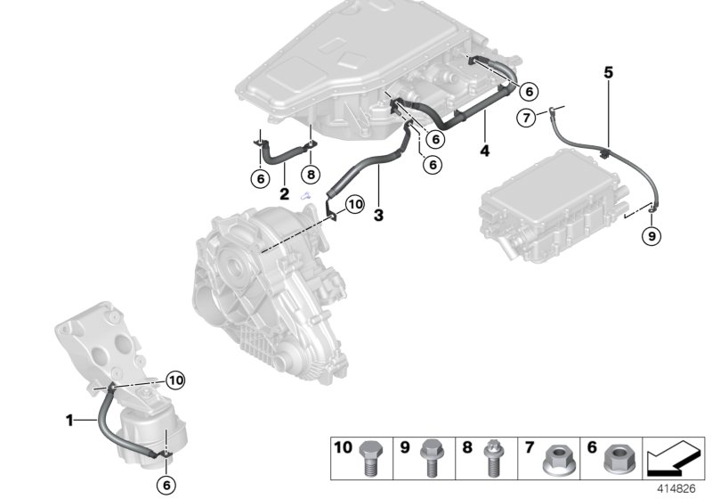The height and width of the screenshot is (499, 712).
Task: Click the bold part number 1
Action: [69, 418]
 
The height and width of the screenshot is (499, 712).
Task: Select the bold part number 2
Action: [284, 192]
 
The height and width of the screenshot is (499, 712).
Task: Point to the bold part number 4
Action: [484, 151]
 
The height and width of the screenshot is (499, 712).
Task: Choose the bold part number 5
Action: [609, 72]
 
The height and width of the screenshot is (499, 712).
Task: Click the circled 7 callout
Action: [528, 117]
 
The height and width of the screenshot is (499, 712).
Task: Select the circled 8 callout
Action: [310, 176]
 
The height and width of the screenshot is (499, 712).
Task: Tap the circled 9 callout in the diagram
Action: [651, 236]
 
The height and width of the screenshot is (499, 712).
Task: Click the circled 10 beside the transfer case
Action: [355, 204]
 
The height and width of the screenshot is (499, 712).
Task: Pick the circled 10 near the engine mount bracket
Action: [174, 380]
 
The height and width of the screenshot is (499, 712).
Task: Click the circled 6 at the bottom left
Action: [166, 485]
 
